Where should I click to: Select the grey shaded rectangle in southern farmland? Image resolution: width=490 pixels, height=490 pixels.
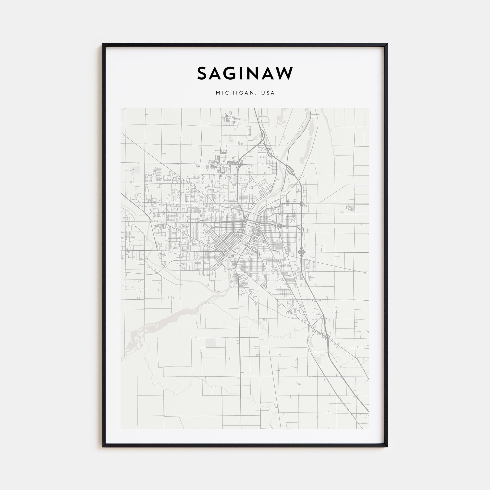[x=210, y=343]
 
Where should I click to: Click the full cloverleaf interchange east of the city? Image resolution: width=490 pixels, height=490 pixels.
[x=302, y=252]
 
